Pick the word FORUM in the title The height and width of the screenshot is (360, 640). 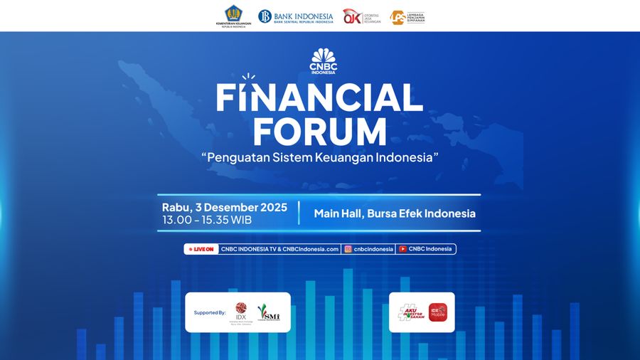pyautogui.click(x=320, y=132)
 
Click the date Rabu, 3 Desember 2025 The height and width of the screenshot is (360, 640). pyautogui.click(x=225, y=207)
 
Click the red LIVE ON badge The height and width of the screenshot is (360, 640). pyautogui.click(x=200, y=249)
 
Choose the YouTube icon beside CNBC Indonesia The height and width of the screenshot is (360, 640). pyautogui.click(x=402, y=249)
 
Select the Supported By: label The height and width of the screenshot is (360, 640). pyautogui.click(x=209, y=312)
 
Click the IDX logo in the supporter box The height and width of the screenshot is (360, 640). pyautogui.click(x=240, y=311)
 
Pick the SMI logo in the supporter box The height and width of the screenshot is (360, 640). pyautogui.click(x=269, y=312)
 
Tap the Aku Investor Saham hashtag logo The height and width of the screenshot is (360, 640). pyautogui.click(x=410, y=312)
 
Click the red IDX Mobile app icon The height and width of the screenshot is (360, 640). pyautogui.click(x=437, y=312)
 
